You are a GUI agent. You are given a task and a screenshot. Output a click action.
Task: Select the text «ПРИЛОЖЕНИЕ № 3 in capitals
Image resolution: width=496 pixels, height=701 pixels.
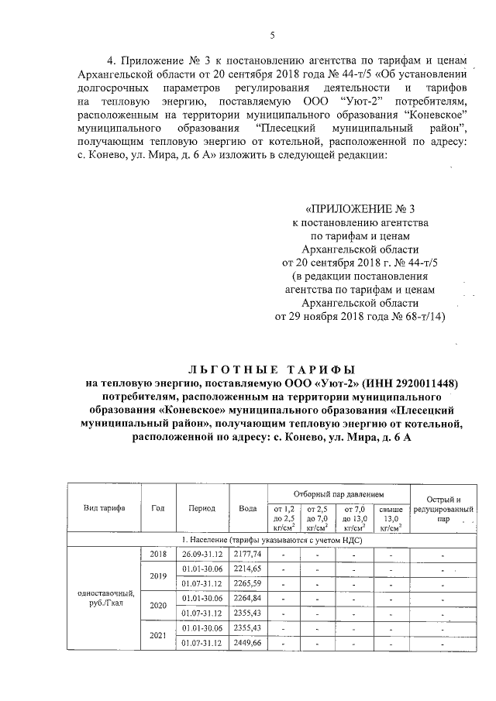point(361,209)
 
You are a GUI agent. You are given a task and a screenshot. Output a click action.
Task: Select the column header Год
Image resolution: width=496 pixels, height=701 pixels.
point(159,508)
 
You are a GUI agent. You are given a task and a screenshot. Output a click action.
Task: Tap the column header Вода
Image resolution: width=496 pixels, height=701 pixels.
point(248,508)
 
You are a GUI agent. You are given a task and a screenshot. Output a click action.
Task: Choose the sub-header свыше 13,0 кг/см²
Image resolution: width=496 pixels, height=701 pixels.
point(391,518)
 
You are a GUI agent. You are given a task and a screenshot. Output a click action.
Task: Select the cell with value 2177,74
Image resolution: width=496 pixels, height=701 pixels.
point(248,555)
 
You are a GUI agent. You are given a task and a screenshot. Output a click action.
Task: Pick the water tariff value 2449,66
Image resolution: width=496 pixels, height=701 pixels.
point(248,643)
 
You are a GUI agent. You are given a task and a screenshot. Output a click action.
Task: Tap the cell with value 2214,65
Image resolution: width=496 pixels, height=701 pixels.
point(248,569)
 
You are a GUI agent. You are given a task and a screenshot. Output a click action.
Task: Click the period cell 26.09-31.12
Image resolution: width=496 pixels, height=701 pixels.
point(201,555)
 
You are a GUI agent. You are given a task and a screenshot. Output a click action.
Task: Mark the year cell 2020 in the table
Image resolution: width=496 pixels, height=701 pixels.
point(159,606)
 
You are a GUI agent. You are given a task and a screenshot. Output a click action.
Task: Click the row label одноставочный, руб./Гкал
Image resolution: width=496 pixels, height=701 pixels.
point(105,599)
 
